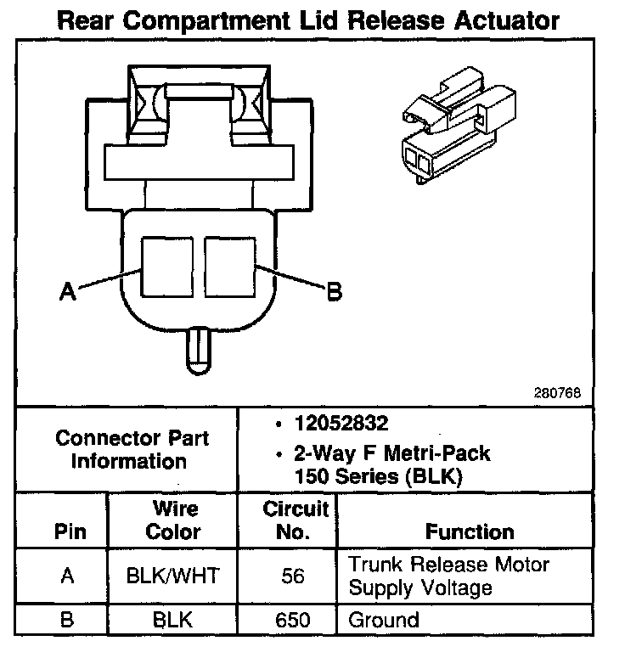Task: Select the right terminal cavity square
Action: [x=229, y=267]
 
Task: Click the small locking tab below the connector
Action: [x=198, y=347]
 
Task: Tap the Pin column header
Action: [x=69, y=532]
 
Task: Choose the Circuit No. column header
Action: [x=295, y=520]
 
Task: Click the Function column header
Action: [x=470, y=532]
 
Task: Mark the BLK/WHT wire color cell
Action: [x=172, y=576]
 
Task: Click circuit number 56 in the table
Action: [x=293, y=576]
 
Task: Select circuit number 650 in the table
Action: [x=293, y=620]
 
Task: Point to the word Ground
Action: [x=384, y=620]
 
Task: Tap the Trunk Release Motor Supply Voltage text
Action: [x=449, y=576]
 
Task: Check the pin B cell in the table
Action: [x=68, y=620]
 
